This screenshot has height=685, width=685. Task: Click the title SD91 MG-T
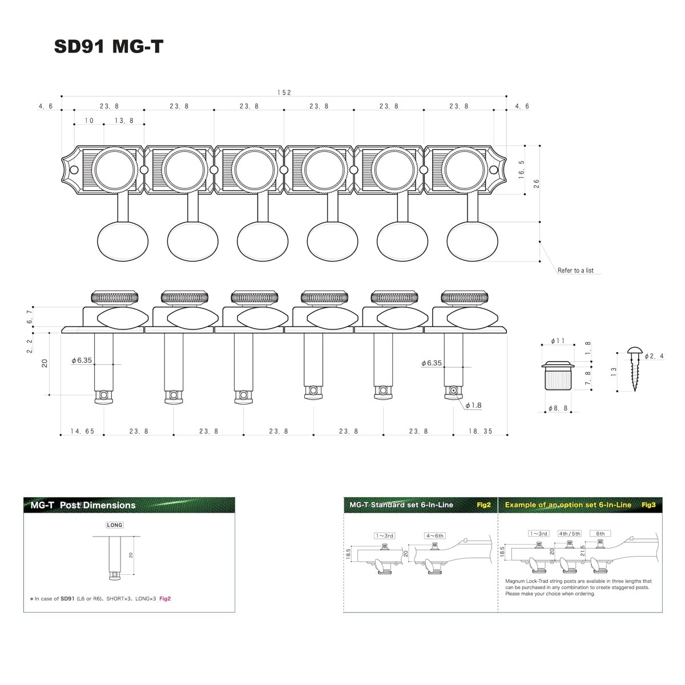click(108, 46)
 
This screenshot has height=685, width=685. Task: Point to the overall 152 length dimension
click(284, 92)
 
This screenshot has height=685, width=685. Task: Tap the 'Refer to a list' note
click(575, 271)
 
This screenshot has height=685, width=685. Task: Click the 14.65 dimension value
click(82, 432)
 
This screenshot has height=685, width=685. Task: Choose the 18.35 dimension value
click(480, 432)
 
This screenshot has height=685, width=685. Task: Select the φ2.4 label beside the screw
click(654, 356)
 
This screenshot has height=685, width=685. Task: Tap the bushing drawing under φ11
click(558, 375)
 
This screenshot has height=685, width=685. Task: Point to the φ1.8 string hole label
click(473, 405)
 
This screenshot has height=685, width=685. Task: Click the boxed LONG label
click(115, 525)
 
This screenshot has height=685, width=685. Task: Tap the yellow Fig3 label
click(648, 505)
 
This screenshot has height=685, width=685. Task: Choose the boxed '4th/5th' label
click(569, 534)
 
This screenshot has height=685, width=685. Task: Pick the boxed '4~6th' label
click(434, 535)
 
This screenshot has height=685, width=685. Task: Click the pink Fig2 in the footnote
click(165, 599)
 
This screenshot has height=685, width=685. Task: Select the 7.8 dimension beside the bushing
click(588, 378)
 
